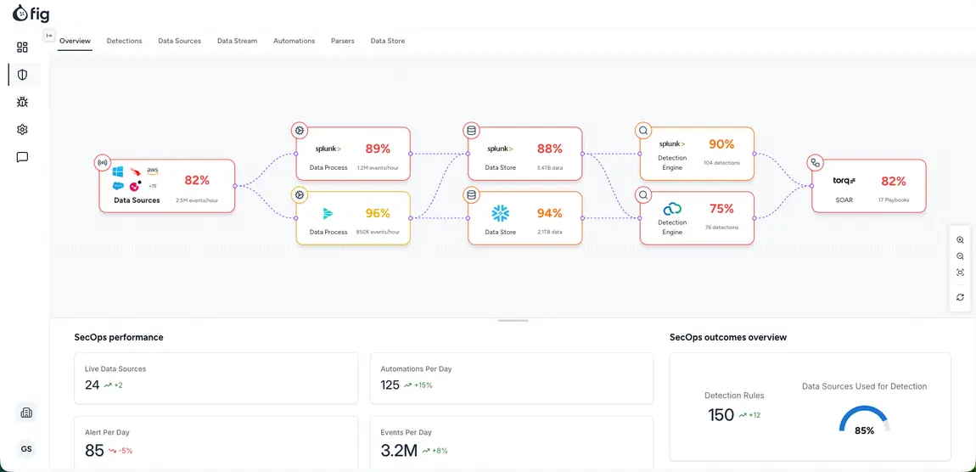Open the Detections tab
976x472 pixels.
pyautogui.click(x=125, y=41)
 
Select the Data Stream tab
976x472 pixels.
pyautogui.click(x=237, y=41)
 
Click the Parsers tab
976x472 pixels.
pyautogui.click(x=342, y=41)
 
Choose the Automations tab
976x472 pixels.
pyautogui.click(x=294, y=41)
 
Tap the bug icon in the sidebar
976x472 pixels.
pyautogui.click(x=22, y=102)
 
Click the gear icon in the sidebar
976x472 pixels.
pyautogui.click(x=22, y=130)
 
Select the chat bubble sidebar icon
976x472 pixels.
pyautogui.click(x=22, y=157)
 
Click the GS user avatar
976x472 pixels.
pyautogui.click(x=26, y=449)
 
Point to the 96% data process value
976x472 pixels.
pyautogui.click(x=378, y=213)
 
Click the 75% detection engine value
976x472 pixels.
pyautogui.click(x=721, y=209)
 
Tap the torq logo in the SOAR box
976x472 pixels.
pyautogui.click(x=844, y=181)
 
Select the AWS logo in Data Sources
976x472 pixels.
pyautogui.click(x=153, y=171)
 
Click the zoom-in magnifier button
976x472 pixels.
pyautogui.click(x=960, y=239)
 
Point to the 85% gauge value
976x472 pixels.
pyautogui.click(x=864, y=430)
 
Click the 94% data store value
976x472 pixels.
pyautogui.click(x=550, y=213)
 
